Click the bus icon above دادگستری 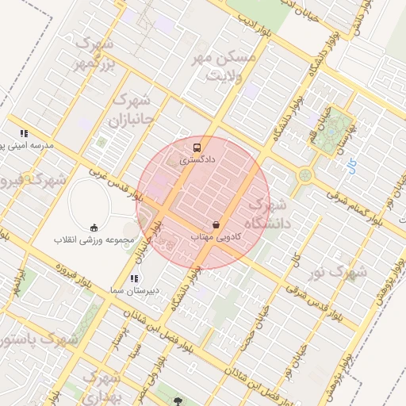click(x=197, y=147)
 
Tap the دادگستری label click(x=197, y=159)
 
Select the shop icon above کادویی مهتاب click(x=216, y=224)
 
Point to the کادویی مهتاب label click(x=216, y=237)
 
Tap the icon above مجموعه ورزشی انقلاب click(x=95, y=227)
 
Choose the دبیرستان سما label click(x=134, y=291)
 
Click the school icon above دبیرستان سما click(x=134, y=278)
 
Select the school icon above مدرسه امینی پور click(x=25, y=133)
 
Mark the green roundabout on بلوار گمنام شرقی click(x=304, y=174)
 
